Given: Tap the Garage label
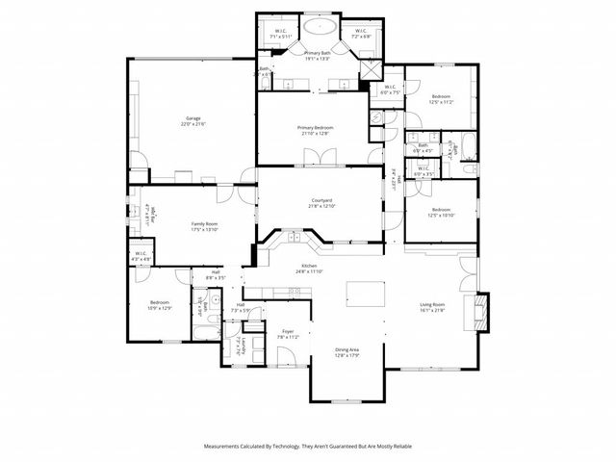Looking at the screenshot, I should click(192, 119).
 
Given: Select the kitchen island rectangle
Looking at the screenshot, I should click(365, 293).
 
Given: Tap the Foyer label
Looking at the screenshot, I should click(288, 331).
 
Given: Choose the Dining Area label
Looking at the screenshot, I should click(347, 349).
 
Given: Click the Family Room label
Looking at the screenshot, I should click(203, 224).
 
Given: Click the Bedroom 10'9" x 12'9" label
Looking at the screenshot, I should click(160, 304).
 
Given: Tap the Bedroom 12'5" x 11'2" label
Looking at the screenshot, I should click(442, 97).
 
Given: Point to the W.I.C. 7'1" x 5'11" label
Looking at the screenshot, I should click(279, 32).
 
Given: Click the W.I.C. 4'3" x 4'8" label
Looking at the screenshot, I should click(141, 255).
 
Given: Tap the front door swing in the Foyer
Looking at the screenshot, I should click(287, 356).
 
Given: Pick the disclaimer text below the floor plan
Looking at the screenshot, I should click(307, 447).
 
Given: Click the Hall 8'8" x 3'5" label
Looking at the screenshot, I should click(215, 275).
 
